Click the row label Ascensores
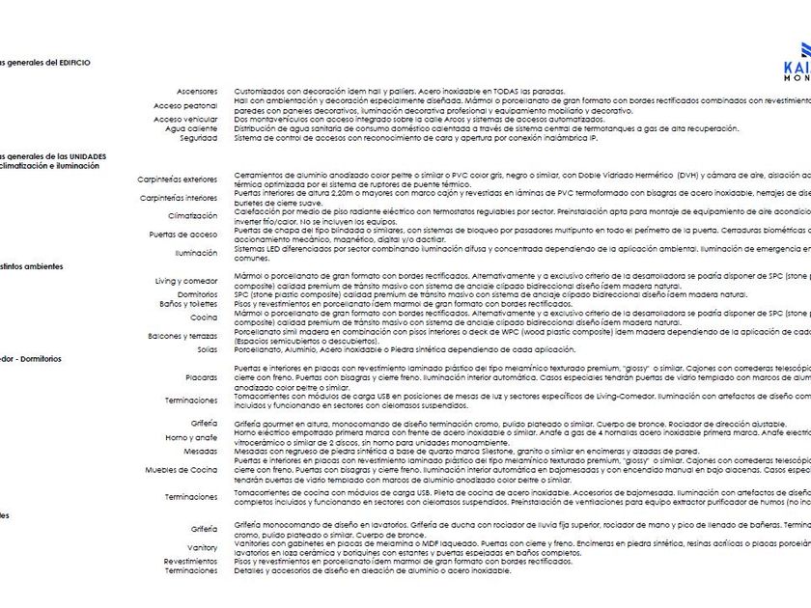197,91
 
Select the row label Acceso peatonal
185,105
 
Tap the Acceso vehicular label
185,120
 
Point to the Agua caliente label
191,128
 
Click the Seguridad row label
198,138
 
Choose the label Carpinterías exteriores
178,180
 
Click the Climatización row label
192,216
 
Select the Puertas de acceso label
183,235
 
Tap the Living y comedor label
186,281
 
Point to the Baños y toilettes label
188,304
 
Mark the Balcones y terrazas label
182,336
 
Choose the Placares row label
202,377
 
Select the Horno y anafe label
192,437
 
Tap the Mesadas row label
201,451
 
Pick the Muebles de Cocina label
182,469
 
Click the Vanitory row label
203,547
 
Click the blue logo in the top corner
798,58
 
